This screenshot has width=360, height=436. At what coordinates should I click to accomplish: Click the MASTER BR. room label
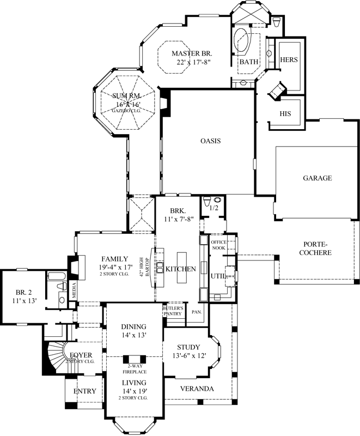191,53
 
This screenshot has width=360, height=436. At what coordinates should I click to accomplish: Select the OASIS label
210,141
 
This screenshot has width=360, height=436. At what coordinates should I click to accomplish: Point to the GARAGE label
317,178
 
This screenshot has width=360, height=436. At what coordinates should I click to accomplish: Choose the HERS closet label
288,60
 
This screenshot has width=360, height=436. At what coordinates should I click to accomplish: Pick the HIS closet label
285,113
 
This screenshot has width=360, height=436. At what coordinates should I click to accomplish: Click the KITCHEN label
180,269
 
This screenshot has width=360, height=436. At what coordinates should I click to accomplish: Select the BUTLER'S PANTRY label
173,311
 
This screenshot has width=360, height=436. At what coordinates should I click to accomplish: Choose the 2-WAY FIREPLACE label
133,369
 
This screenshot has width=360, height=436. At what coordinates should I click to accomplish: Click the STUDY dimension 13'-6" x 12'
189,356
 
